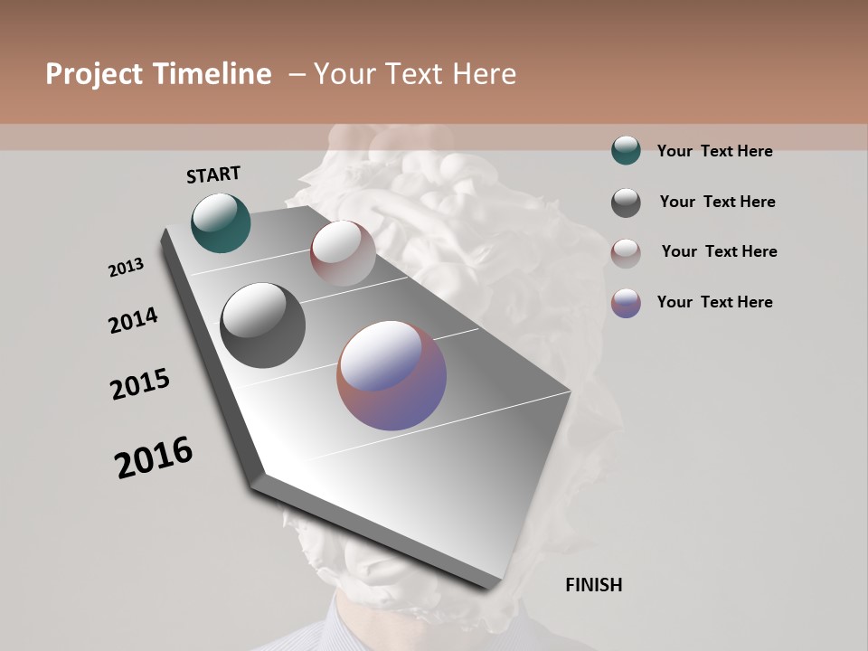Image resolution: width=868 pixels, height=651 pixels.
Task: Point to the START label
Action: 213,175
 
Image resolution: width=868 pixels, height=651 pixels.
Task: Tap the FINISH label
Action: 593,585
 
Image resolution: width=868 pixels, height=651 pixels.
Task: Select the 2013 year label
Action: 126,268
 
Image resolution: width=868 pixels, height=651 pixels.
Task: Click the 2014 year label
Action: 133,320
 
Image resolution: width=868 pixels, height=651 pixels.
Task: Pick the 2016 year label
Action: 154,458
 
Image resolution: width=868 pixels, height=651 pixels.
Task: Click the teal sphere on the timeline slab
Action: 221,222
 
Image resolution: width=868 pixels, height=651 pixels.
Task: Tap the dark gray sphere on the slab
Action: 262,325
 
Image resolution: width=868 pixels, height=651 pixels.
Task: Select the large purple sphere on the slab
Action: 392,375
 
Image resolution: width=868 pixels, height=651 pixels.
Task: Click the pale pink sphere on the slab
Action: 343,253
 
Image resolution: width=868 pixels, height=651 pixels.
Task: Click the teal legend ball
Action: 626,150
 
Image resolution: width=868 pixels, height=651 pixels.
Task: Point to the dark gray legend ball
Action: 626,203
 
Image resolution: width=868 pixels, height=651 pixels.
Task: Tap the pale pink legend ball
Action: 626,253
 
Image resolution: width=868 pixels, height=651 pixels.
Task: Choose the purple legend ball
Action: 626,303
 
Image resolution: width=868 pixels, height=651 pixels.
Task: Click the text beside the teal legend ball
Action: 714,152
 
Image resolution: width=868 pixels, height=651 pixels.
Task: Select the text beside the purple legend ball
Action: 714,302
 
